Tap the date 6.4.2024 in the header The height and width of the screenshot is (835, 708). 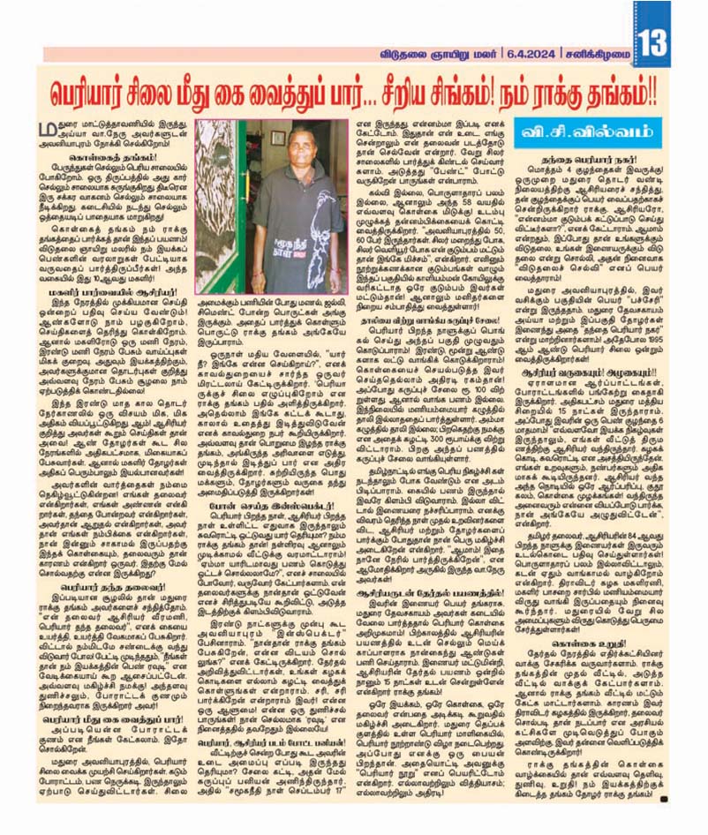(x=531, y=53)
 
